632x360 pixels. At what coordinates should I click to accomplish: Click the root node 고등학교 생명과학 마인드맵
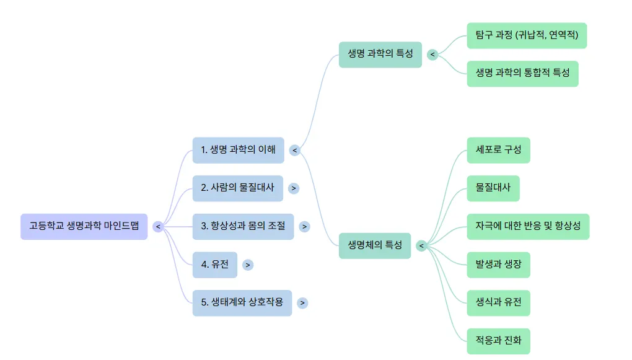[x=84, y=227]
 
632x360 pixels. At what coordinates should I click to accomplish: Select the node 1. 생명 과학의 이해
[x=238, y=150]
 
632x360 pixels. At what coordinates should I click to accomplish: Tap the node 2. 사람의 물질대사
[x=237, y=188]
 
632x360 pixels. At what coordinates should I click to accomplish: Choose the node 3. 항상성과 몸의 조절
[x=243, y=227]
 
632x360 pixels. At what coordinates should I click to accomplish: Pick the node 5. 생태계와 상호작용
[x=242, y=303]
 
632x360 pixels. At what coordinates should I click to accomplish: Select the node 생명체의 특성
[x=374, y=245]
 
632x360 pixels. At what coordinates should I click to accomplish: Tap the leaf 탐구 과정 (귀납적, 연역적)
[x=526, y=36]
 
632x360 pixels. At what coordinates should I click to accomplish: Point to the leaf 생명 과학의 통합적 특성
[x=522, y=74]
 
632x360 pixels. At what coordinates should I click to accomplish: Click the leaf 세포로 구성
[x=498, y=150]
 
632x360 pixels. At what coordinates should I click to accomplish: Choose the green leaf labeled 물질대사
[x=493, y=188]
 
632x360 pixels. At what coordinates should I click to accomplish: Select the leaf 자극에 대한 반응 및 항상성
[x=528, y=227]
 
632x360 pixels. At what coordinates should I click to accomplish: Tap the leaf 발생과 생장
[x=498, y=265]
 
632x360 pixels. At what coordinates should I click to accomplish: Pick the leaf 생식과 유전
[x=498, y=303]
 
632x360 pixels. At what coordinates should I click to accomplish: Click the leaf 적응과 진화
[x=498, y=341]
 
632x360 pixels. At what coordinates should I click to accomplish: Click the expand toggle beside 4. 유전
[x=248, y=265]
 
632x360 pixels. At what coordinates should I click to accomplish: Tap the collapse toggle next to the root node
[x=158, y=227]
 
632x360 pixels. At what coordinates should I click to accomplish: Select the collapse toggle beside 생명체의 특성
[x=421, y=246]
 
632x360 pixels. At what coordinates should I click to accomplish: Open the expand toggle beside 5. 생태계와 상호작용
[x=302, y=303]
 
